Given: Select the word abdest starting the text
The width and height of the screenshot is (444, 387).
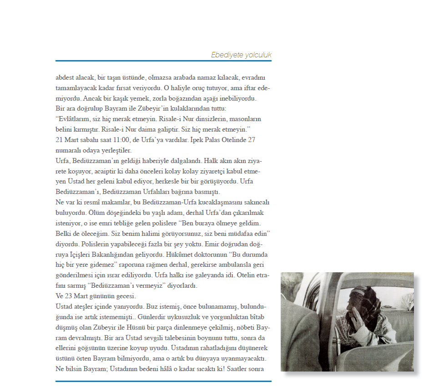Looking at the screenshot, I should [x=64, y=77].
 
